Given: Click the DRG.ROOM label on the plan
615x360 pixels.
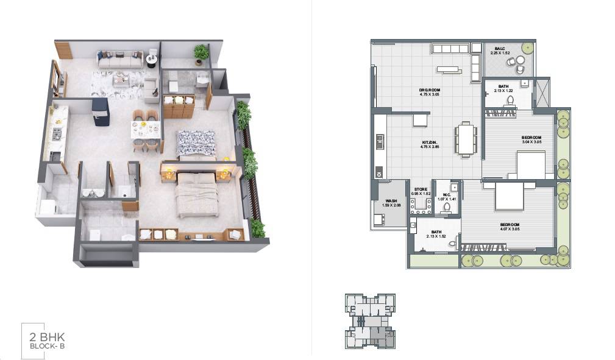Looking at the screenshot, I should pyautogui.click(x=430, y=90).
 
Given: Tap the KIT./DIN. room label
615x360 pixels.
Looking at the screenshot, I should pyautogui.click(x=430, y=143).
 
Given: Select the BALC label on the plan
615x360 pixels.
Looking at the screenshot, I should pyautogui.click(x=499, y=49).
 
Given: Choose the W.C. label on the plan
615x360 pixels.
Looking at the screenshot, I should pyautogui.click(x=446, y=195).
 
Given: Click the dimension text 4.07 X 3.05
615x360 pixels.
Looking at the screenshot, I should pyautogui.click(x=508, y=230).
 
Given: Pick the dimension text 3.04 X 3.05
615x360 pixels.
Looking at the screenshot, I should pyautogui.click(x=531, y=142).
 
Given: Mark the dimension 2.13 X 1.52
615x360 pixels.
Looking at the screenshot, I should pyautogui.click(x=436, y=236).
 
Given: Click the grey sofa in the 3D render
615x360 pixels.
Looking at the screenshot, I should pyautogui.click(x=120, y=60).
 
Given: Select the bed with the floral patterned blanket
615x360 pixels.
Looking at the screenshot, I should pyautogui.click(x=196, y=143).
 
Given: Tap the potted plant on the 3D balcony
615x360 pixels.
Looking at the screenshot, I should pyautogui.click(x=201, y=54).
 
